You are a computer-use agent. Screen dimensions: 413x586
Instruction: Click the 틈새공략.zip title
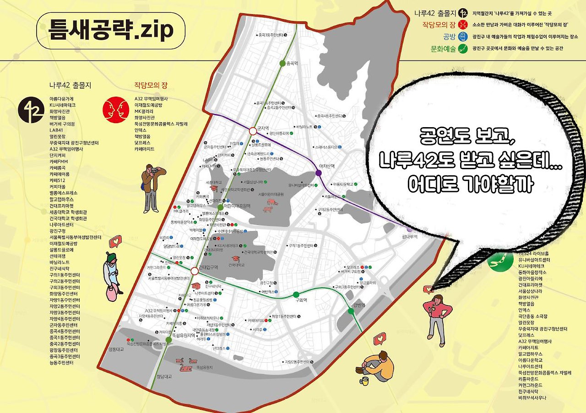tap(110, 30)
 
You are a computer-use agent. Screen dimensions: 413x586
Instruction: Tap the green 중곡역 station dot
tap(282, 63)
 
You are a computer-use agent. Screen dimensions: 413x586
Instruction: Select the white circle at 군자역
tap(252, 131)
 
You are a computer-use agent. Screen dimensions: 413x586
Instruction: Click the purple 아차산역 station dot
tap(319, 173)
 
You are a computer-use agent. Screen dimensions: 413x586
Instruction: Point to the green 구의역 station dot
tap(296, 294)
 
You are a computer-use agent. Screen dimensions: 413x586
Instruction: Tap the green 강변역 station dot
tap(351, 311)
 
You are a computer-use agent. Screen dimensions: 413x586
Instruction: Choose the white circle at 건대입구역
tap(195, 271)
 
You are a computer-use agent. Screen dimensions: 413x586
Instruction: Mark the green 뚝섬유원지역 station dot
tap(168, 340)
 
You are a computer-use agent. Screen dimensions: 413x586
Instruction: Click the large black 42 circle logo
tap(31, 112)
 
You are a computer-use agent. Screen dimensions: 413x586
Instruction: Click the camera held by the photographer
tap(156, 170)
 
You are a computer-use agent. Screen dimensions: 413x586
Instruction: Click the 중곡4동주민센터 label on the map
tap(330, 116)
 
